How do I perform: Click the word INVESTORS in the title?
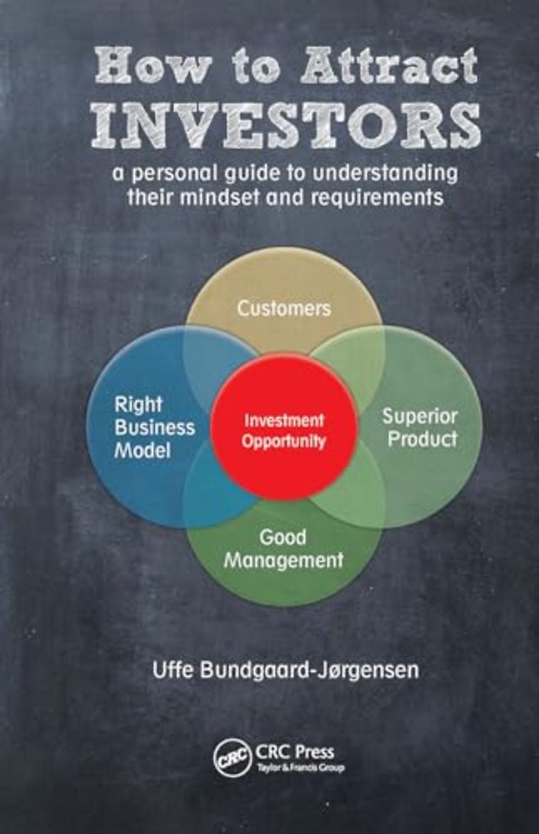click(x=286, y=127)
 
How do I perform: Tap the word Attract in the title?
click(x=389, y=66)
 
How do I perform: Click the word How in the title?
click(x=154, y=66)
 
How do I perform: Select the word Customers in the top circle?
click(x=284, y=308)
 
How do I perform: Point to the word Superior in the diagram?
click(x=420, y=416)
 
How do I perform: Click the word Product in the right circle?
click(x=422, y=439)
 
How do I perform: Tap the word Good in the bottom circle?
click(x=283, y=537)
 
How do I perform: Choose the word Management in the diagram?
click(x=283, y=560)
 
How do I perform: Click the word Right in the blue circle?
click(x=138, y=406)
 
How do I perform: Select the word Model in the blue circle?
click(x=143, y=451)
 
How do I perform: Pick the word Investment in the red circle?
click(x=283, y=420)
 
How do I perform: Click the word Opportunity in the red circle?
click(x=283, y=441)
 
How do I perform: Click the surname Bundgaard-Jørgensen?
click(x=309, y=671)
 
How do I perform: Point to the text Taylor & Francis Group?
click(x=301, y=767)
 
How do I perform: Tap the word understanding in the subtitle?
click(x=386, y=173)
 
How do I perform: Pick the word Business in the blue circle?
click(x=155, y=428)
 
